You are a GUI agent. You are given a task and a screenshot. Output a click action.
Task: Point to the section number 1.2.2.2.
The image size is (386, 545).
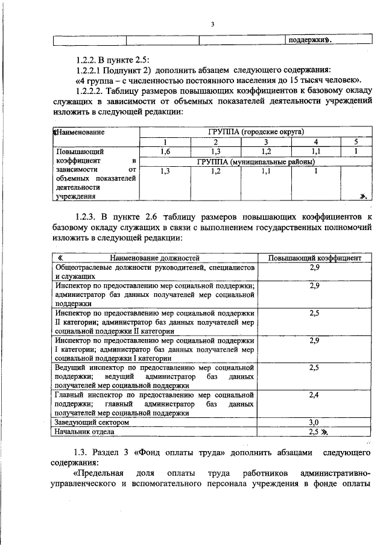point(90,91)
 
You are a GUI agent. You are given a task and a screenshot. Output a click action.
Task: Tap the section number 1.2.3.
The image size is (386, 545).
point(85,215)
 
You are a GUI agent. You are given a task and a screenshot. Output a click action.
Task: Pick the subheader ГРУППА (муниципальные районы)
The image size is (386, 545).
point(256,162)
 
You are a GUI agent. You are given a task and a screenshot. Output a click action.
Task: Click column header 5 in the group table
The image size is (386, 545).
point(355,142)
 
